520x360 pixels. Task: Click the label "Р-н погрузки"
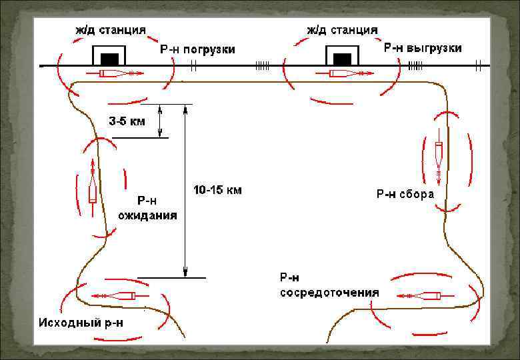197,49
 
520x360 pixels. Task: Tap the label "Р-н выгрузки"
423,49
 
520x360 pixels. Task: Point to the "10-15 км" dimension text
217,190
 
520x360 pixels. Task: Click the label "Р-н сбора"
405,195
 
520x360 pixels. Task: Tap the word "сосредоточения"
329,292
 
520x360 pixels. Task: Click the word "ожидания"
147,215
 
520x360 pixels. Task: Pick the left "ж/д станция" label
110,31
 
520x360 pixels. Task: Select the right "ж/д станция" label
342,30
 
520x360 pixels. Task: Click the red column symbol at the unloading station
347,73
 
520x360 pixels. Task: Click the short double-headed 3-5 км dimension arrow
160,121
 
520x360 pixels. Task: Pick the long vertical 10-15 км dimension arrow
185,191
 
